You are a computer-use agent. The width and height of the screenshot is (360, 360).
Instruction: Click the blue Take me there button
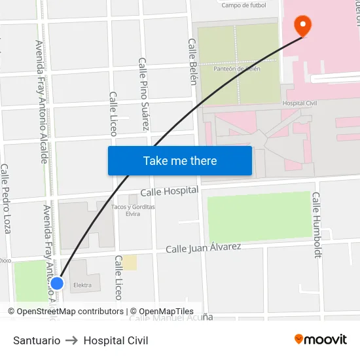pos(180,160)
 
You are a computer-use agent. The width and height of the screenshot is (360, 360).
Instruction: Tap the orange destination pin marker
pos(303,25)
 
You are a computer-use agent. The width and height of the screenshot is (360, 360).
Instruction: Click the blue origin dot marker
pos(57,283)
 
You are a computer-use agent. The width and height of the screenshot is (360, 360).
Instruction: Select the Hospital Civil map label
pos(299,103)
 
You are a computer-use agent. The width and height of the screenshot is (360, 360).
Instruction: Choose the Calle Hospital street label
pos(169,191)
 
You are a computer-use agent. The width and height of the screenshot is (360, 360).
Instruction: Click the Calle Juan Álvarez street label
pos(203,248)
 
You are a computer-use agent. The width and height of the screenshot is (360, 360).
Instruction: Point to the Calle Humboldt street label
pos(317,225)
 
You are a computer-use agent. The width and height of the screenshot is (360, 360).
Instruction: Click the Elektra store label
pos(82,285)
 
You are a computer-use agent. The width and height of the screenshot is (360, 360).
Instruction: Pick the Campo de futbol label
pos(243,5)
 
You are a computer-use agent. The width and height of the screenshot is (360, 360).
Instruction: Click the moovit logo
pos(320,339)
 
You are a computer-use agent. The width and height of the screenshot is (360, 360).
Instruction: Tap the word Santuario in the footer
pos(37,340)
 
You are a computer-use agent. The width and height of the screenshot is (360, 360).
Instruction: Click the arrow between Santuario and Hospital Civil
pos(72,340)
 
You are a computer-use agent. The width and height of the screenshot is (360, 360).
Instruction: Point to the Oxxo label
pos(5,260)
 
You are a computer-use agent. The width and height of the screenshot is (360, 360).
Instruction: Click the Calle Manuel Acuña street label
pos(171,317)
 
